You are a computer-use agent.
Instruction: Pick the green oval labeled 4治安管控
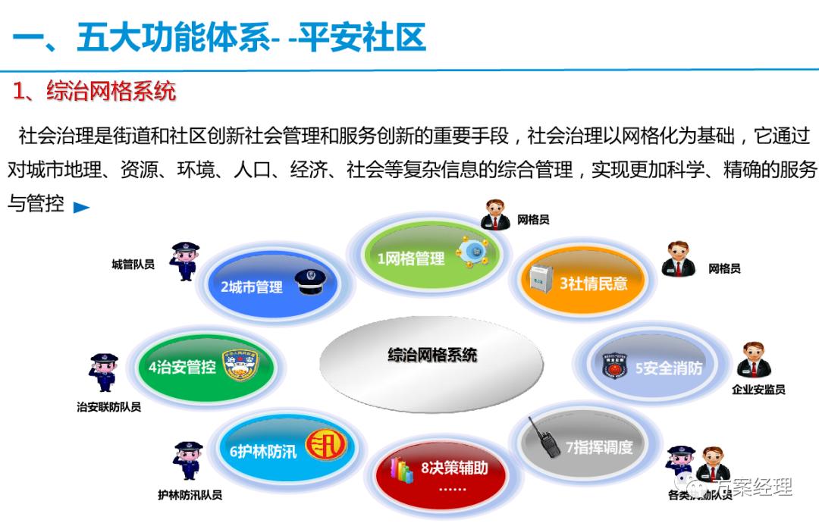[x=193, y=367]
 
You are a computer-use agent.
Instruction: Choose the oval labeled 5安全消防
[x=660, y=368]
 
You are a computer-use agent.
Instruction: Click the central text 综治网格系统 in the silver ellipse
[x=432, y=355]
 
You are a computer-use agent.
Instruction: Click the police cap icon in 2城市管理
[x=309, y=284]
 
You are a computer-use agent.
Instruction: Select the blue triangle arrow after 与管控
[x=81, y=207]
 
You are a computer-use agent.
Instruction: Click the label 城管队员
[x=133, y=265]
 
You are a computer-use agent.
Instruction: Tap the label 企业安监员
[x=758, y=390]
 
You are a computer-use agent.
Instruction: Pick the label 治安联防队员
[x=108, y=407]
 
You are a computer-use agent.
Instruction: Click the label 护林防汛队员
[x=190, y=495]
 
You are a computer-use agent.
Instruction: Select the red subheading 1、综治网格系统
[x=95, y=91]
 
